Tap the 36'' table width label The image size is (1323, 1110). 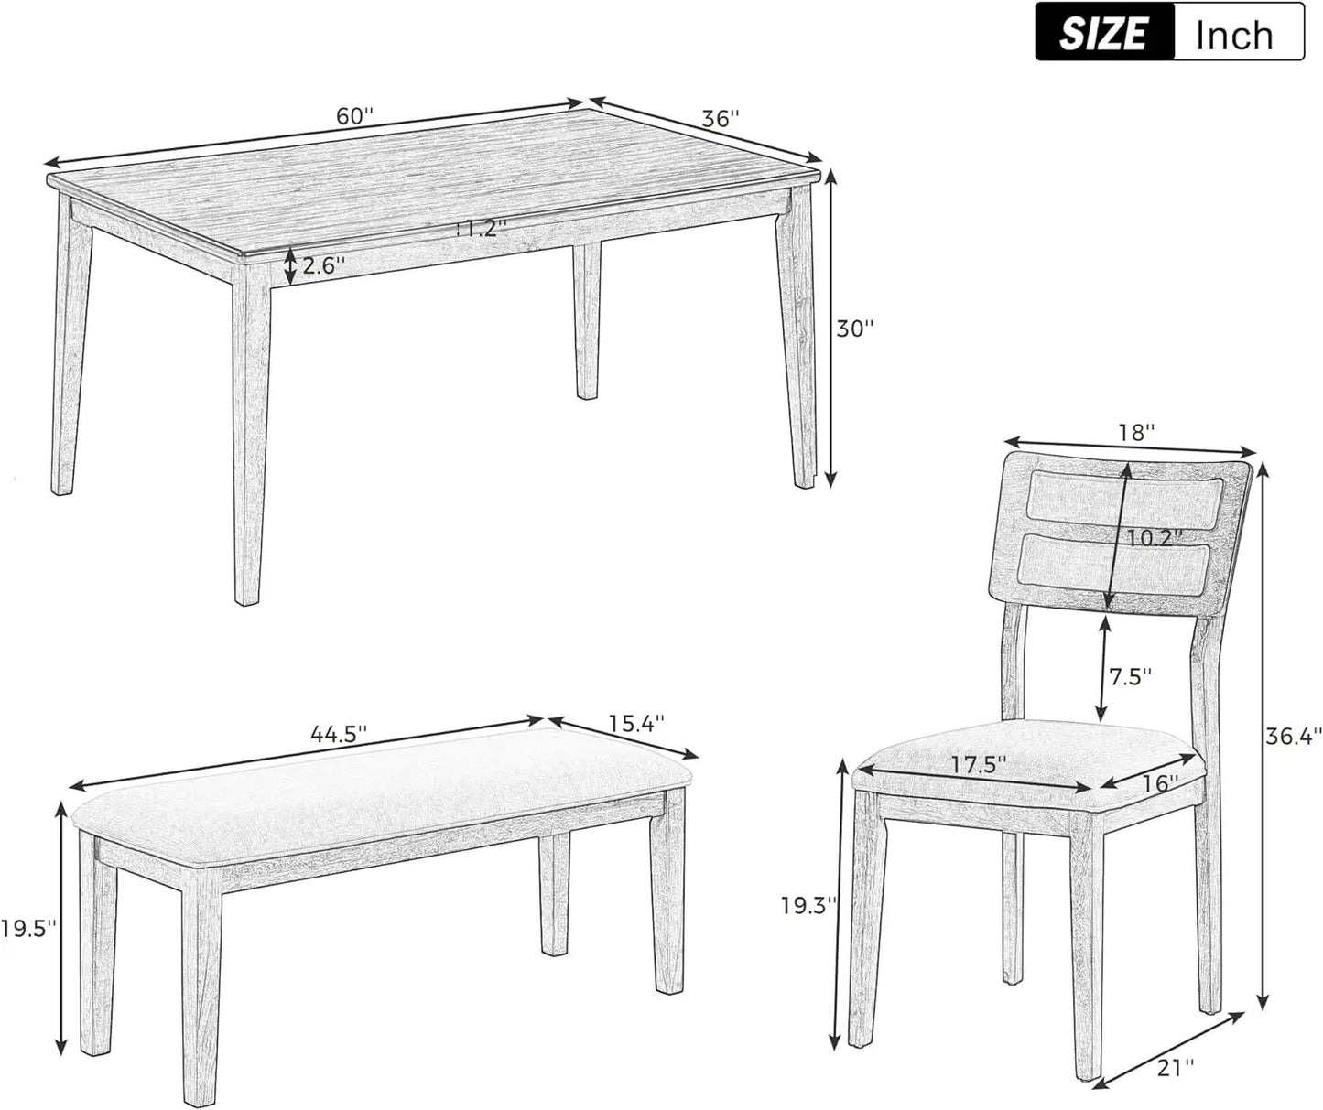[720, 119]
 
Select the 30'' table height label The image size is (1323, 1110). [855, 329]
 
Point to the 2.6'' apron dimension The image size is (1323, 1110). [324, 266]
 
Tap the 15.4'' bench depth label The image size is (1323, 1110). [636, 723]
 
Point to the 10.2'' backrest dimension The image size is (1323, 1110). [1149, 538]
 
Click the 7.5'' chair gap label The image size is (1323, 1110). [1130, 677]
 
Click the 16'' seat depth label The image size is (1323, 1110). [1159, 783]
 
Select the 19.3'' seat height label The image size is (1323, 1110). [809, 906]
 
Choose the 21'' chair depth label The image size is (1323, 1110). [1175, 1066]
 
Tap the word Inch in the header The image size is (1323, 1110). [1234, 36]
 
